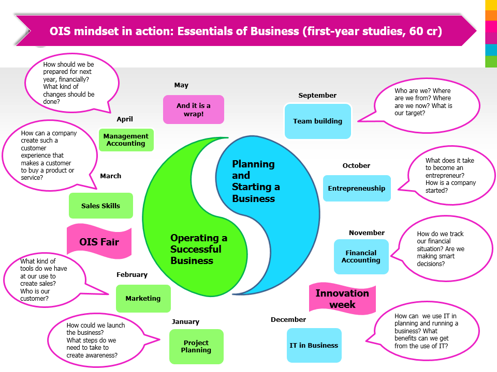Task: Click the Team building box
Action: [317, 121]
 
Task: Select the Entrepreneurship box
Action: [357, 189]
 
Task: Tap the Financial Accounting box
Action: [361, 256]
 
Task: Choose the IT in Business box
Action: [314, 345]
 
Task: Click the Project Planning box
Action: [196, 346]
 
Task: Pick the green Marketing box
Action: [143, 298]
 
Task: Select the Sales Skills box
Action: [101, 206]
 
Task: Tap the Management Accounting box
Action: [126, 140]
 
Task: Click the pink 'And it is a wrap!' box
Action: [194, 110]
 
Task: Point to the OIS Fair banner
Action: [99, 242]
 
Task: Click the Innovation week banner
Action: [342, 299]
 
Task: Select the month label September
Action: [317, 95]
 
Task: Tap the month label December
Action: [288, 319]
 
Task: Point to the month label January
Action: [185, 321]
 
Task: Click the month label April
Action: [125, 119]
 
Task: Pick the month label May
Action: [181, 85]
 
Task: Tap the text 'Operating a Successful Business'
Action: [199, 249]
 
